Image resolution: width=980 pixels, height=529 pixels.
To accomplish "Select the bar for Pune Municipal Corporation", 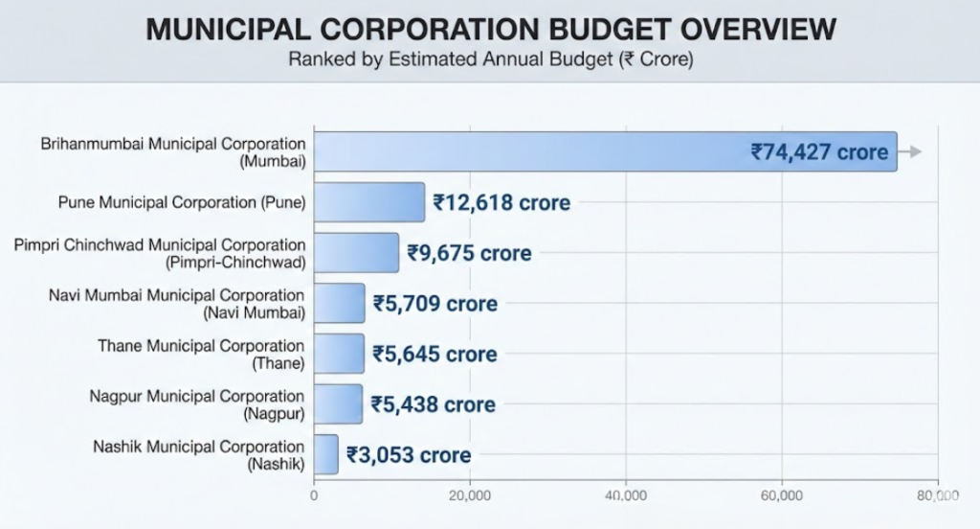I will point(369,202).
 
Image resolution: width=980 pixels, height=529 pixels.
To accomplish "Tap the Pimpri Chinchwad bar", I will point(356,253).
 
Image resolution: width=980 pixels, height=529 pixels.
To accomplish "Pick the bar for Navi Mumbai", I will point(339,303).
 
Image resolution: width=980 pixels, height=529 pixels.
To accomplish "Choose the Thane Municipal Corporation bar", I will point(339,354).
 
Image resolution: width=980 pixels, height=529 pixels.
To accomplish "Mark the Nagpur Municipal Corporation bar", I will point(338,403).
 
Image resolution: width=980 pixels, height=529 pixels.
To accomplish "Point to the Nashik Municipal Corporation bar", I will point(326,454).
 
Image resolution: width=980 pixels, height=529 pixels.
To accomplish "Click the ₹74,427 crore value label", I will point(819,151).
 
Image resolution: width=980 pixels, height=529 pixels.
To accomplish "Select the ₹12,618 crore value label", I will point(501,202).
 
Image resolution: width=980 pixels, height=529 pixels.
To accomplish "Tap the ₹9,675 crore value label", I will point(469,253).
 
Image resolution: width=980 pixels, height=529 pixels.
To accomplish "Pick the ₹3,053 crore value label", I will point(409,454).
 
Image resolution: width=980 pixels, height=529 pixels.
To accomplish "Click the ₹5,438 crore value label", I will point(434,403).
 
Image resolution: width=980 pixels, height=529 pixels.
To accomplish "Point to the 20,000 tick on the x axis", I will point(470,495).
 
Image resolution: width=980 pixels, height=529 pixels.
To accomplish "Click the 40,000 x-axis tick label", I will point(626,495).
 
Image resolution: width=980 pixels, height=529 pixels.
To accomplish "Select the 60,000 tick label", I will point(782,495).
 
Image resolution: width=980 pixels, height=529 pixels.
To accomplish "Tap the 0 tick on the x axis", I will point(314,495).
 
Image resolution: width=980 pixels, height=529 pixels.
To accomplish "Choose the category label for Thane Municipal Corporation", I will point(201,354).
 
